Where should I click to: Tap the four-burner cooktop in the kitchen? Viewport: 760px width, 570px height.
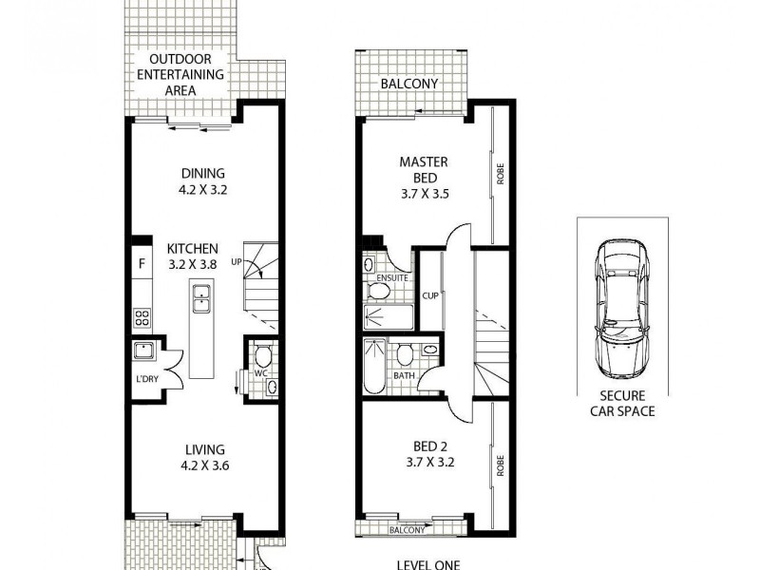pos(142,317)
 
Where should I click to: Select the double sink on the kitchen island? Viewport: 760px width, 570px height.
pos(201,300)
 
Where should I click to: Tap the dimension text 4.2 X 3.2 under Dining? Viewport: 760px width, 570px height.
pos(202,189)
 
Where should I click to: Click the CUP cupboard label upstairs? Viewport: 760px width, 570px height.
pos(429,295)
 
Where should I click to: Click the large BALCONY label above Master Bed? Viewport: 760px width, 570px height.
pos(408,84)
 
